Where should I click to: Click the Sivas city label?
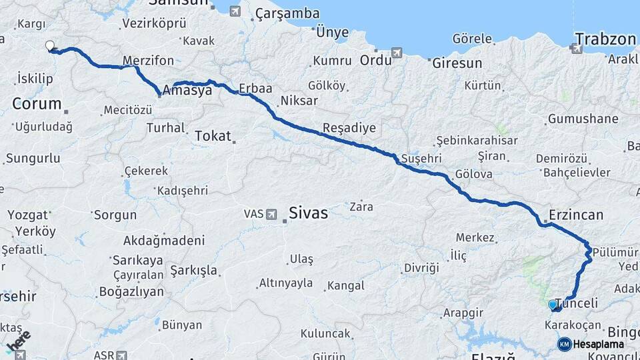click(308, 213)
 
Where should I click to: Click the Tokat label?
click(212, 136)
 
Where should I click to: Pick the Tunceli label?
click(577, 303)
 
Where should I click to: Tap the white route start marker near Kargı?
click(49, 46)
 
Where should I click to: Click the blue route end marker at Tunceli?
click(552, 305)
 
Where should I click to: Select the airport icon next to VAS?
click(271, 214)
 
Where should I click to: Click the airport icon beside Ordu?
click(397, 53)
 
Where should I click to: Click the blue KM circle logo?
click(564, 344)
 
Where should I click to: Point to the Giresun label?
click(457, 64)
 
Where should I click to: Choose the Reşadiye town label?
click(349, 128)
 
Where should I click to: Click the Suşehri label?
click(422, 159)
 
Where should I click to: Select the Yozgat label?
click(29, 215)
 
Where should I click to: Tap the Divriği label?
click(421, 268)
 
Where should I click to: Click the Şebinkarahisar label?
click(477, 141)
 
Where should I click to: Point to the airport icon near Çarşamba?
click(235, 11)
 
